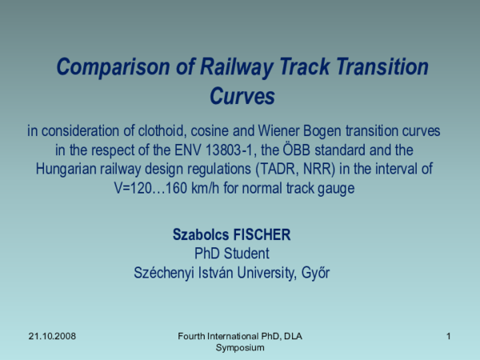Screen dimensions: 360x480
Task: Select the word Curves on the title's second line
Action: point(242,97)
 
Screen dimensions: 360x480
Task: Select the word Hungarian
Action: point(68,170)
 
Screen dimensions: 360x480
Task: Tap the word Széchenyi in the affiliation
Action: point(167,273)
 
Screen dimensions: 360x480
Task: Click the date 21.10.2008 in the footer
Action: point(51,337)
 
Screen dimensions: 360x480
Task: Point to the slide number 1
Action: point(449,337)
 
